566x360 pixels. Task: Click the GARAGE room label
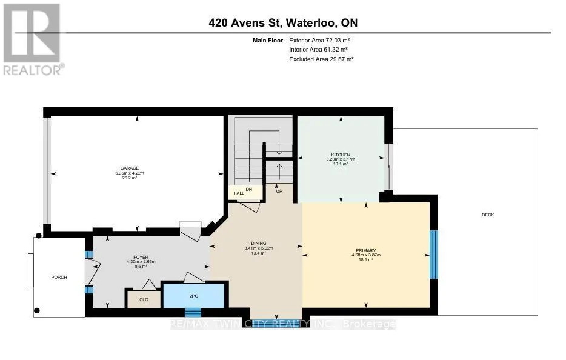coord(130,168)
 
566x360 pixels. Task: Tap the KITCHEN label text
coord(341,155)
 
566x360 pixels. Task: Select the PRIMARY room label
coord(366,250)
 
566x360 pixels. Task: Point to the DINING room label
coord(259,244)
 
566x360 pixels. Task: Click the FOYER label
coord(141,257)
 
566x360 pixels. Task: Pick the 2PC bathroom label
coord(194,296)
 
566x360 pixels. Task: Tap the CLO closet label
coord(144,300)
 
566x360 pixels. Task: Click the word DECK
coord(488,215)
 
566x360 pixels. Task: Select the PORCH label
coord(59,278)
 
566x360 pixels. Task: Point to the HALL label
coord(239,193)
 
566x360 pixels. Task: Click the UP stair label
coord(279,191)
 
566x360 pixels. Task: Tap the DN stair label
coord(249,189)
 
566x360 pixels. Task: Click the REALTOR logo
coord(33,39)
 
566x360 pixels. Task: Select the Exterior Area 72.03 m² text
coord(319,41)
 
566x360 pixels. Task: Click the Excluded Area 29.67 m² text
coord(321,59)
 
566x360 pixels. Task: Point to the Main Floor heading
coord(268,41)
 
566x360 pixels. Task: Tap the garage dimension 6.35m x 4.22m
coord(130,173)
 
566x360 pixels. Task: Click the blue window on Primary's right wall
coord(434,254)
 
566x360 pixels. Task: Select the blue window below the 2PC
coord(193,312)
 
